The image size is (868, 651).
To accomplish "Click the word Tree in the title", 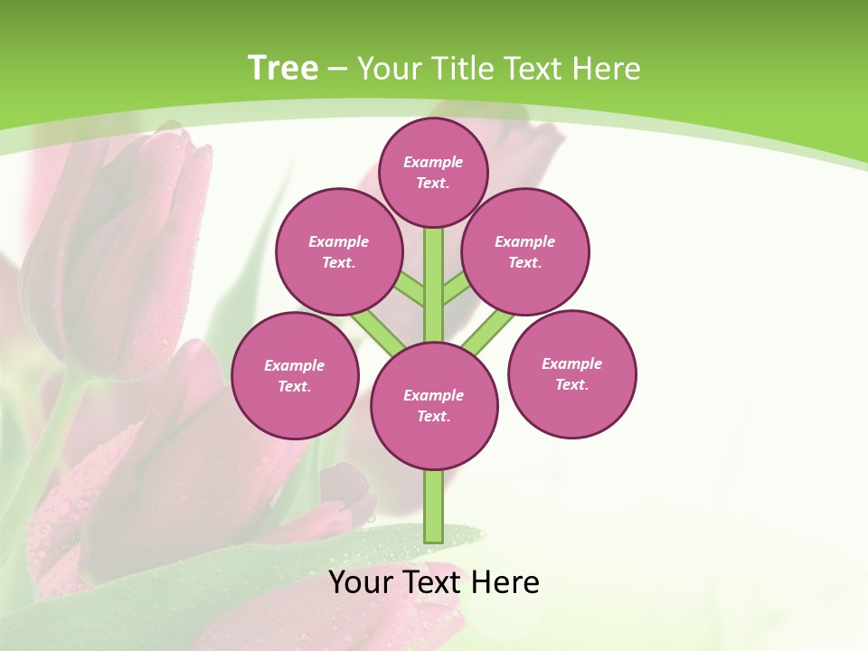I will click(283, 68).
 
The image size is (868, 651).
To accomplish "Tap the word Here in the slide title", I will click(607, 68).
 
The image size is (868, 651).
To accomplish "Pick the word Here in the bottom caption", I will click(505, 582).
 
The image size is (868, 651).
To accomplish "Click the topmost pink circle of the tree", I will click(433, 172).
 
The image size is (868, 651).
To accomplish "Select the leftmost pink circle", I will click(295, 375).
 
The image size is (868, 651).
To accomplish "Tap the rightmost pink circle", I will click(571, 373).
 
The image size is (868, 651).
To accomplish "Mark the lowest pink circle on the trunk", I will click(434, 406).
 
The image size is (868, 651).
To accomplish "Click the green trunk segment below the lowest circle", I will click(434, 506).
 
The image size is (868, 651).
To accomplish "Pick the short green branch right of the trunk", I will click(456, 288).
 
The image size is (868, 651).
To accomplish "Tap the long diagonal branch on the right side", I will click(488, 332).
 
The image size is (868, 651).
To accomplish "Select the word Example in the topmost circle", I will click(433, 162).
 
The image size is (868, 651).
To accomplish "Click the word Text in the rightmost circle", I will click(571, 384).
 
